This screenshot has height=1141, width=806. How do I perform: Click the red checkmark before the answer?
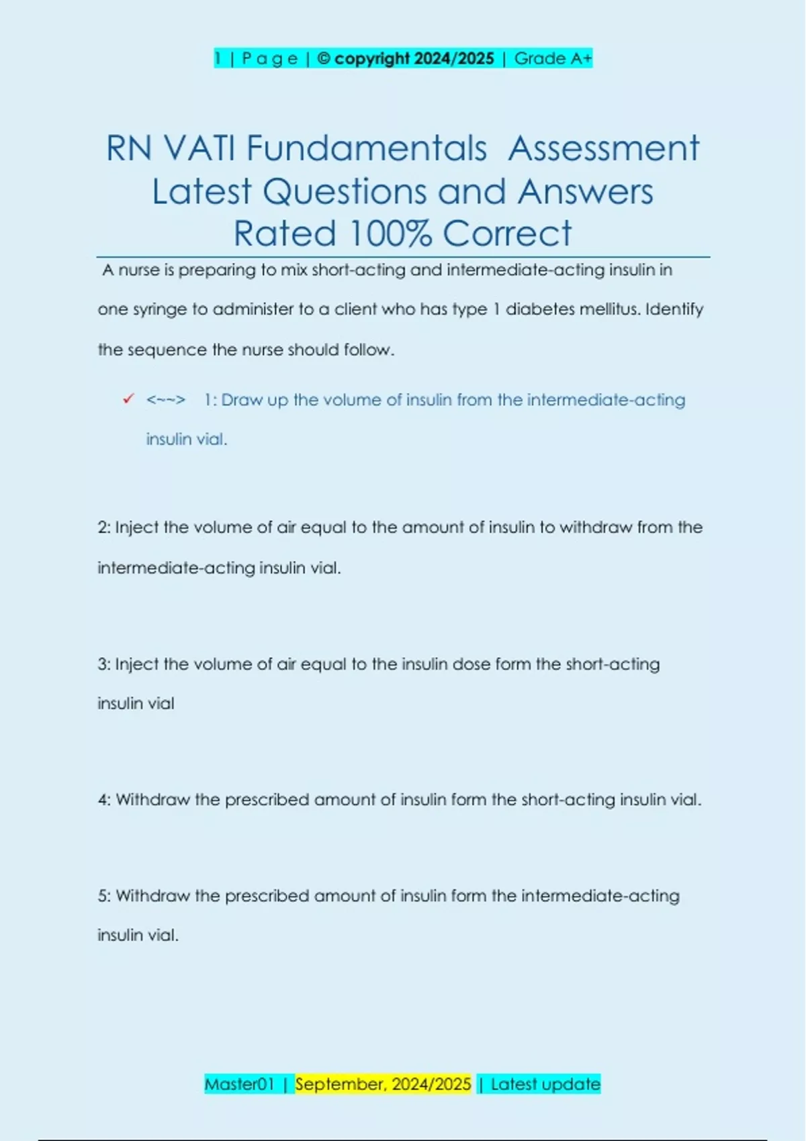[128, 399]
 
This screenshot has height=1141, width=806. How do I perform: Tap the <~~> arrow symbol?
[165, 400]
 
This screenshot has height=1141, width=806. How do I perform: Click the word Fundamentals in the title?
[366, 148]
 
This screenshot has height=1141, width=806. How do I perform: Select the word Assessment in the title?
[603, 148]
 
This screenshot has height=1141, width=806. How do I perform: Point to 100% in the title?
[390, 234]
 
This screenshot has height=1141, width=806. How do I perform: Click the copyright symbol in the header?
[323, 59]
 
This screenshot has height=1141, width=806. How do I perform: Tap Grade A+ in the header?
[553, 59]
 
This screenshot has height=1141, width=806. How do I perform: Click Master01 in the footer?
[239, 1084]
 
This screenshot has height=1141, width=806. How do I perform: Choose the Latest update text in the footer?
[545, 1084]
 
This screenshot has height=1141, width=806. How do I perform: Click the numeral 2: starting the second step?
[104, 528]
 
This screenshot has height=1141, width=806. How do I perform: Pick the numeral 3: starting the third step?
[104, 664]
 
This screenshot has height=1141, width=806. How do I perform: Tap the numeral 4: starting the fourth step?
[104, 800]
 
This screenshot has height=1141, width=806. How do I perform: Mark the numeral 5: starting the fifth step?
[104, 896]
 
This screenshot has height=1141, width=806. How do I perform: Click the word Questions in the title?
[345, 192]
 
